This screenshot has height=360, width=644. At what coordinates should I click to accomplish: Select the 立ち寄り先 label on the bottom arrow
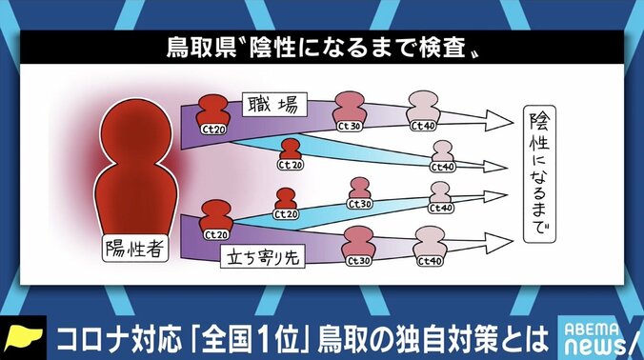[261, 256]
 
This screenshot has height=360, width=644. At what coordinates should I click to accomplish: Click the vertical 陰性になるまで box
[540, 176]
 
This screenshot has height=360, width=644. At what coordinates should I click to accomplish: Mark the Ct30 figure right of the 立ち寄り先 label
[358, 249]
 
